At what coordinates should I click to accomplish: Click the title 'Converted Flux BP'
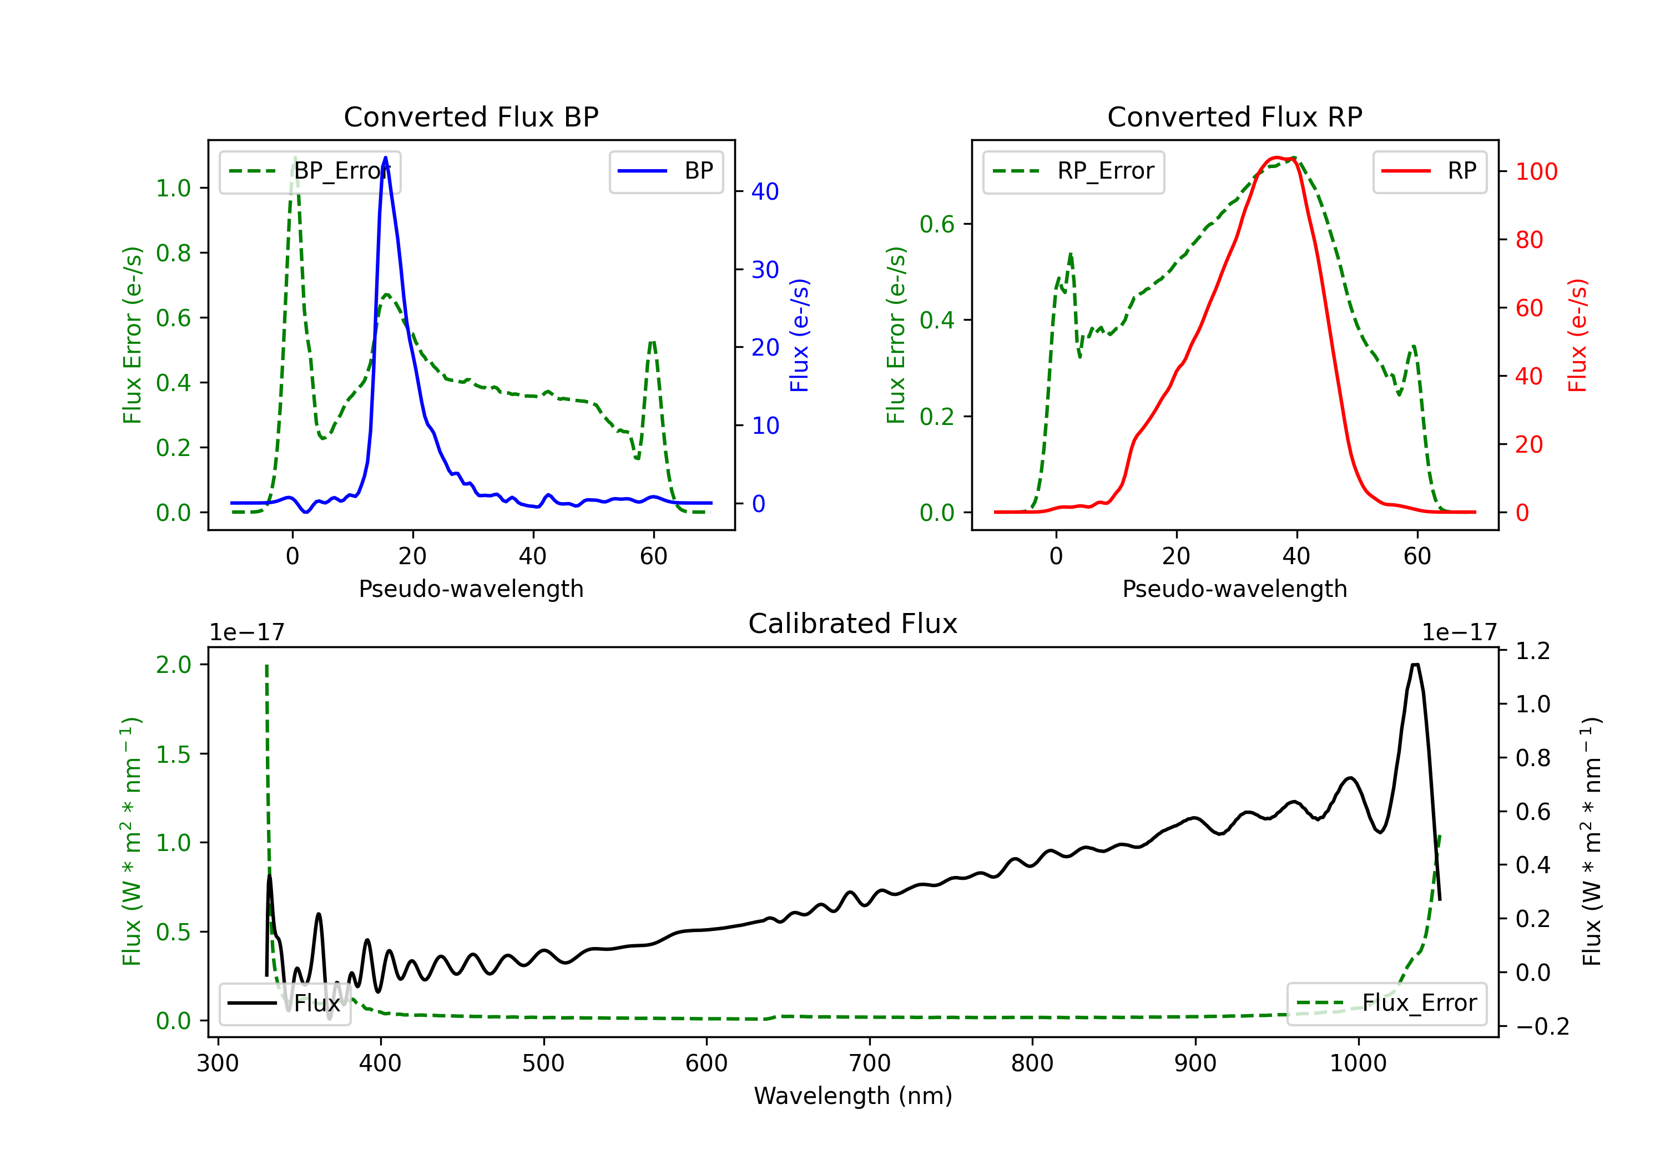pos(471,116)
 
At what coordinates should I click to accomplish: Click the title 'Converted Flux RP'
pos(1234,116)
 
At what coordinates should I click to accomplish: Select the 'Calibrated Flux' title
pos(853,624)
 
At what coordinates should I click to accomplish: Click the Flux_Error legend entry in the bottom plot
pos(1386,1004)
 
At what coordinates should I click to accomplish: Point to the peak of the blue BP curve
pos(385,158)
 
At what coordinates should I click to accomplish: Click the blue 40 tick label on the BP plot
pos(765,191)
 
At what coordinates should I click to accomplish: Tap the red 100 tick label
pos(1537,172)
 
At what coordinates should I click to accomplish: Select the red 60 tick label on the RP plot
pos(1530,308)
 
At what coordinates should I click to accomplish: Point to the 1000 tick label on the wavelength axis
pos(1358,1063)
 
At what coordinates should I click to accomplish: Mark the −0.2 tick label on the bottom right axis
pos(1542,1026)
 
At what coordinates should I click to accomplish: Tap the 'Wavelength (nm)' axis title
pos(853,1096)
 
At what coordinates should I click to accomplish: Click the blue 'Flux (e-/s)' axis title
pos(799,336)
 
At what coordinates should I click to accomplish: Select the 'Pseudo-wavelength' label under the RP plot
pos(1234,589)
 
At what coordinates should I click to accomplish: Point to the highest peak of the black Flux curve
pos(1415,665)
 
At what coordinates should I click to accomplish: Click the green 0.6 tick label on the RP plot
pos(937,224)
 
